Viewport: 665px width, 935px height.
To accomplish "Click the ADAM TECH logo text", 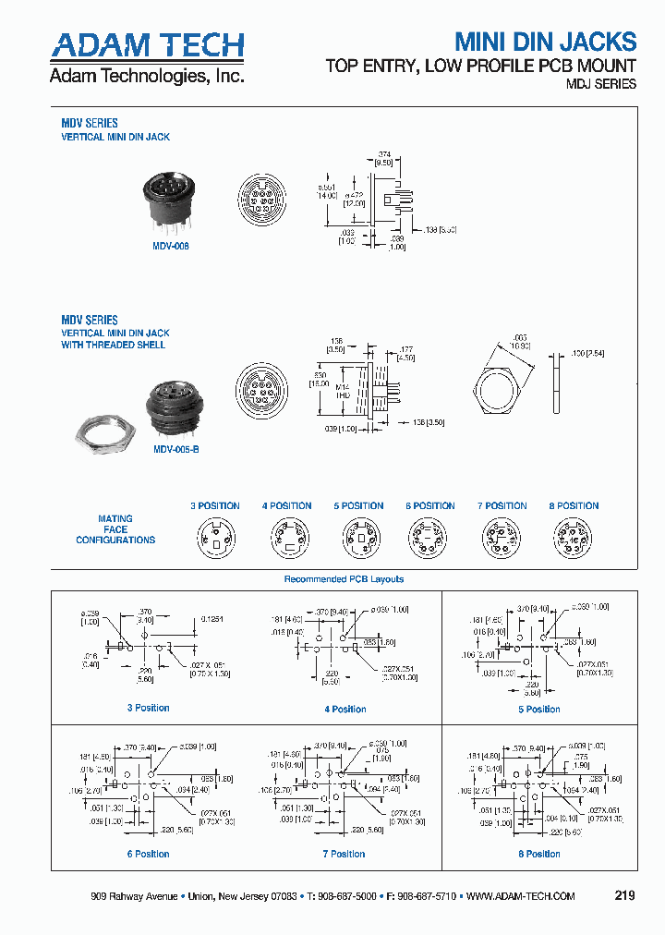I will [x=147, y=45].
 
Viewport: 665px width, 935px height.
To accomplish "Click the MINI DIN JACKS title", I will [x=545, y=42].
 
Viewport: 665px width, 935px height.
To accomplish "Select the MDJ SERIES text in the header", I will [x=600, y=84].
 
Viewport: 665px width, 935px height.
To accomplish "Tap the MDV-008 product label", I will [x=171, y=247].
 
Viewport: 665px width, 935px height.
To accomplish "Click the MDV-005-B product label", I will [x=175, y=448].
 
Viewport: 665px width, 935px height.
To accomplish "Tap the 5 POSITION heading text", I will [x=358, y=505].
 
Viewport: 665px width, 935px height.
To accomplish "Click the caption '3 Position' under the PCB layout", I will [x=148, y=709].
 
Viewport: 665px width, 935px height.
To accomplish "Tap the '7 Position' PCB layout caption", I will [x=344, y=855].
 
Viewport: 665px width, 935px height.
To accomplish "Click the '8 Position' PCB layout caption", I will [x=539, y=855].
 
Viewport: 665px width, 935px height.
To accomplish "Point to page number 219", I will [x=624, y=896].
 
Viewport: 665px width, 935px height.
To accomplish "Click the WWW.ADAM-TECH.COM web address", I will [x=521, y=897].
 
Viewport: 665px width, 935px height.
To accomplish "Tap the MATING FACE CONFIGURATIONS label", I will [x=115, y=529].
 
